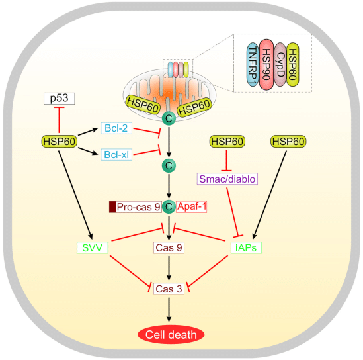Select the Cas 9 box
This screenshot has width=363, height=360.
tap(169, 247)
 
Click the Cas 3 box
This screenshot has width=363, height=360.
tap(169, 289)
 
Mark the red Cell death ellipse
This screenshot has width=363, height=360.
tap(169, 335)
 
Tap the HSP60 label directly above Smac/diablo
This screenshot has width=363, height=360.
tap(227, 141)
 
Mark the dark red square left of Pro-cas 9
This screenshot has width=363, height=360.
tap(112, 207)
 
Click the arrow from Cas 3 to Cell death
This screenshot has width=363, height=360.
tap(169, 308)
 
